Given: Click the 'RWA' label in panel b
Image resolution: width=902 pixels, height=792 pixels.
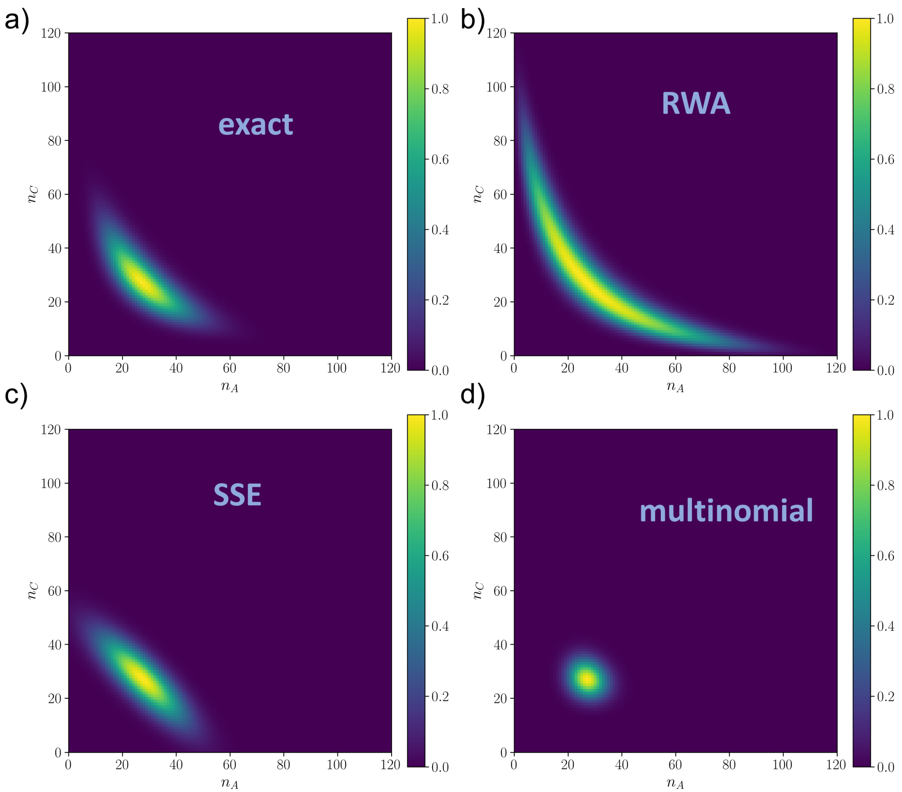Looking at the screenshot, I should point(696,104).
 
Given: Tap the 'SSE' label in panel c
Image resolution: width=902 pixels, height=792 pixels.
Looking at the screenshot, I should point(238,495).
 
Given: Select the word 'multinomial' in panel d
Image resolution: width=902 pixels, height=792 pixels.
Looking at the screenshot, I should point(726,511).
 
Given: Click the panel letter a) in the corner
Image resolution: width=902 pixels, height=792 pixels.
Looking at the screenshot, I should point(17,20).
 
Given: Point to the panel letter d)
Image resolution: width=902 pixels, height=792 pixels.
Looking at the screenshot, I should point(472,394).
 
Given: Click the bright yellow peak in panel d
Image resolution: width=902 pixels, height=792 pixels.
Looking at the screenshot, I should point(587,679).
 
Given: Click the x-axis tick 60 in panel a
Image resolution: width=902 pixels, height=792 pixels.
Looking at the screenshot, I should point(230,368).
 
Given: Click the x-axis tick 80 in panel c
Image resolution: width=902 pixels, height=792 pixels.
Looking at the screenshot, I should point(283,765).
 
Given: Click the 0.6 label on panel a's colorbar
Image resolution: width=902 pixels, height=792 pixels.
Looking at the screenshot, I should point(440,159).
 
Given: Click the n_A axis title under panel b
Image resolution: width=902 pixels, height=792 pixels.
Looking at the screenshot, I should point(675,387).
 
